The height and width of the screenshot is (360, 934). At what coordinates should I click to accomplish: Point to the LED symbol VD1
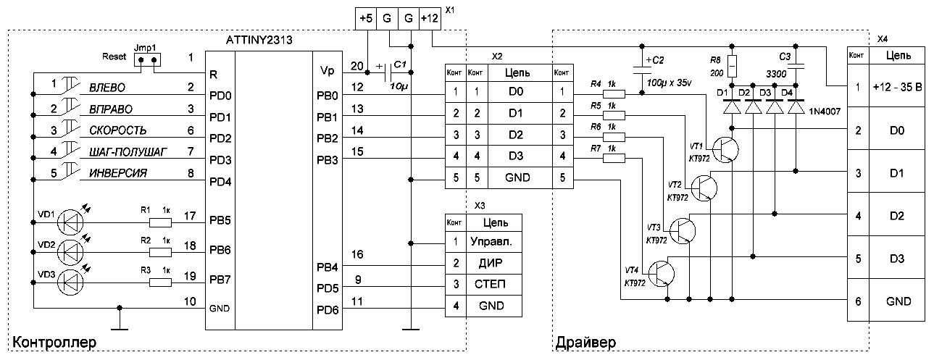click(x=70, y=217)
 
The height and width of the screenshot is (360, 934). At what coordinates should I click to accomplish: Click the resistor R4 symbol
click(x=615, y=93)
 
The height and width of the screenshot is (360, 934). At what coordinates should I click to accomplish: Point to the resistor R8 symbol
click(x=732, y=67)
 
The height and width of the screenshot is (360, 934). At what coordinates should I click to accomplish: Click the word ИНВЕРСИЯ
click(x=118, y=173)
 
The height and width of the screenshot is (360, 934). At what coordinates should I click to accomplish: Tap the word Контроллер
click(x=54, y=341)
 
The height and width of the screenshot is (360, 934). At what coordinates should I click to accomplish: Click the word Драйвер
click(x=585, y=341)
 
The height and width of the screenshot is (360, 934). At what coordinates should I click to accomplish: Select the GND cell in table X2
click(x=514, y=177)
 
